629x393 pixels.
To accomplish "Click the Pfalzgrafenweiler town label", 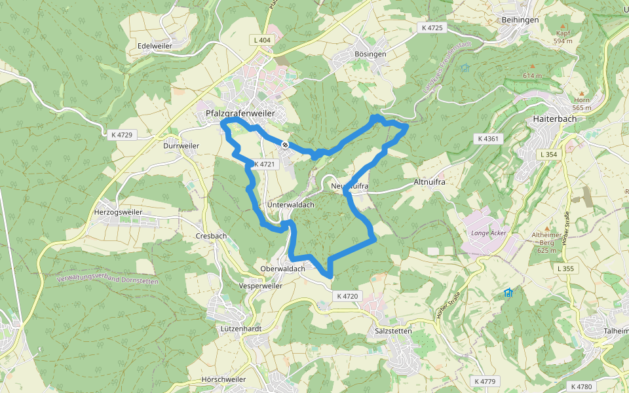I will [x=240, y=113].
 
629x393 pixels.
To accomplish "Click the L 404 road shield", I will [x=262, y=40].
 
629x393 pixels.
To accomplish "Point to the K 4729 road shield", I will [x=122, y=135].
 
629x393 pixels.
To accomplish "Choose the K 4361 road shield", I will [x=488, y=138].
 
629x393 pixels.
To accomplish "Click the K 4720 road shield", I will [x=347, y=296].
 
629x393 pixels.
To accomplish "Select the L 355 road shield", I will [x=564, y=269].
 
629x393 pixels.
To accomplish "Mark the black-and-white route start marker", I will [x=285, y=144].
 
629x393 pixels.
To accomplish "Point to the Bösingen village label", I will [x=370, y=54].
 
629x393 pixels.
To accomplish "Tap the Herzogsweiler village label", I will [x=119, y=212].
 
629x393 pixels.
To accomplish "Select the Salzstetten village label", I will [x=393, y=331].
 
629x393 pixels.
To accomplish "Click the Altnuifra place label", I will [x=430, y=181].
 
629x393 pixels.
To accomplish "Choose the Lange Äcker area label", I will [x=489, y=233].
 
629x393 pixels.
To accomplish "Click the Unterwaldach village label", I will [x=291, y=205].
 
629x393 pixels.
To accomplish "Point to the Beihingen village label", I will [x=520, y=20].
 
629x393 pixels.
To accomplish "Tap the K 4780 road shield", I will [x=581, y=386].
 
